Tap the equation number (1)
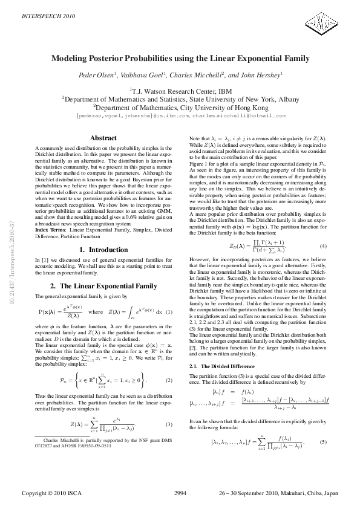click(x=169, y=312)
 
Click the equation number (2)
click(x=169, y=380)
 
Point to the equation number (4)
click(x=323, y=246)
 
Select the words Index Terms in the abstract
click(x=50, y=230)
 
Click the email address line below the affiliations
click(x=180, y=115)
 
